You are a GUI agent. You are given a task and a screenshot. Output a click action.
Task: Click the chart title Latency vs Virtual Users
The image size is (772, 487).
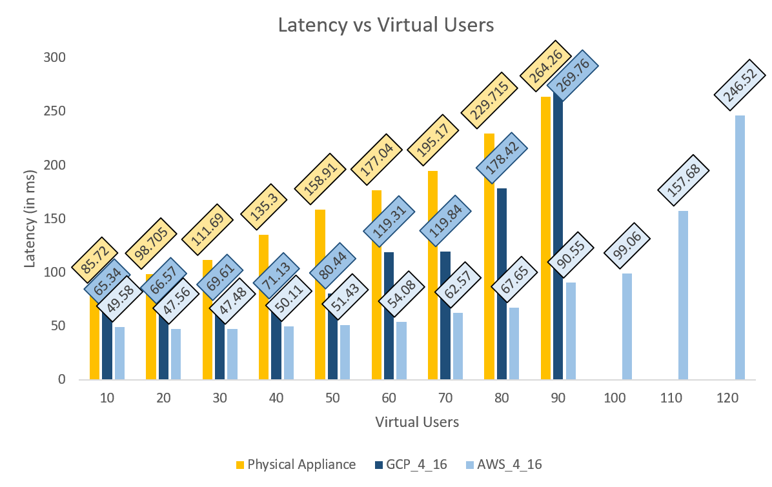[385, 25]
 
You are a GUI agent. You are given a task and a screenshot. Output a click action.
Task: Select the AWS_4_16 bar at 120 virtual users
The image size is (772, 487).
[740, 248]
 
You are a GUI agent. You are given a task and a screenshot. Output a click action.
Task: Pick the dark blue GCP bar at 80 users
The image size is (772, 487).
[502, 284]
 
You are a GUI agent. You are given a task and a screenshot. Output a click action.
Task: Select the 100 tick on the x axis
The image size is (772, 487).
[615, 399]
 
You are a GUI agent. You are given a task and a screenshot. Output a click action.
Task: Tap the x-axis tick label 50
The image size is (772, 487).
[332, 399]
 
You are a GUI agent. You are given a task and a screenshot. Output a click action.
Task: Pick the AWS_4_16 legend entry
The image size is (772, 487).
[507, 464]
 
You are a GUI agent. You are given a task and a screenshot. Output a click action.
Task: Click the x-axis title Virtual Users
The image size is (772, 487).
[417, 422]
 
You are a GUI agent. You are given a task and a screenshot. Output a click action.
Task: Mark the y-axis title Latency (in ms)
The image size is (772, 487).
[29, 219]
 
